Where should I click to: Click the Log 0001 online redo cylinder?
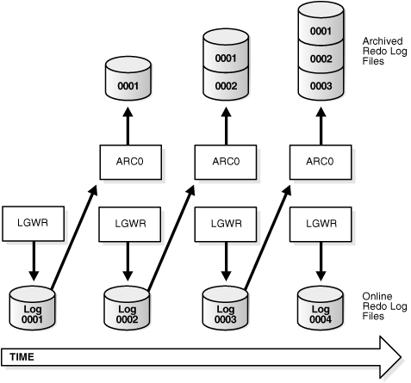(x=30, y=306)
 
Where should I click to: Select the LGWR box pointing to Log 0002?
(x=128, y=222)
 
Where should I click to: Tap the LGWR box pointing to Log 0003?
(x=225, y=222)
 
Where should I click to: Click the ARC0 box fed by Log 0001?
(x=128, y=161)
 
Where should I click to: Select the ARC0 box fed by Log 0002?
(x=225, y=161)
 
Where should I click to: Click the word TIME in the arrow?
(x=22, y=355)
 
